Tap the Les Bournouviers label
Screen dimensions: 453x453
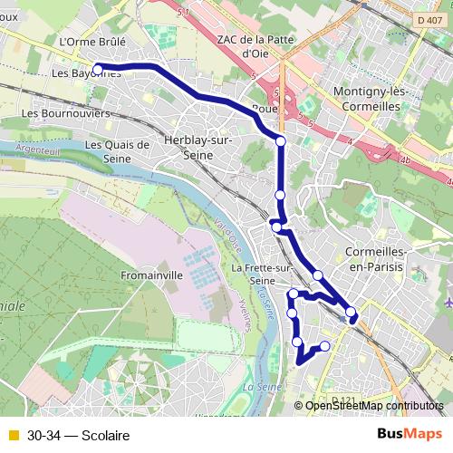tap(64, 113)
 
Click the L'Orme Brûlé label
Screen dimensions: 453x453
tap(90, 42)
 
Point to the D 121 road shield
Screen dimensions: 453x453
tap(342, 400)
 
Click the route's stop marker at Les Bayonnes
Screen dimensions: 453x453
tap(97, 68)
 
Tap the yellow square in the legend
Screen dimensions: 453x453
tap(13, 436)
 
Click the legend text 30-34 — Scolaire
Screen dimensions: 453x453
tap(78, 436)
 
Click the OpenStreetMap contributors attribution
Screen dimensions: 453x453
tap(375, 406)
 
